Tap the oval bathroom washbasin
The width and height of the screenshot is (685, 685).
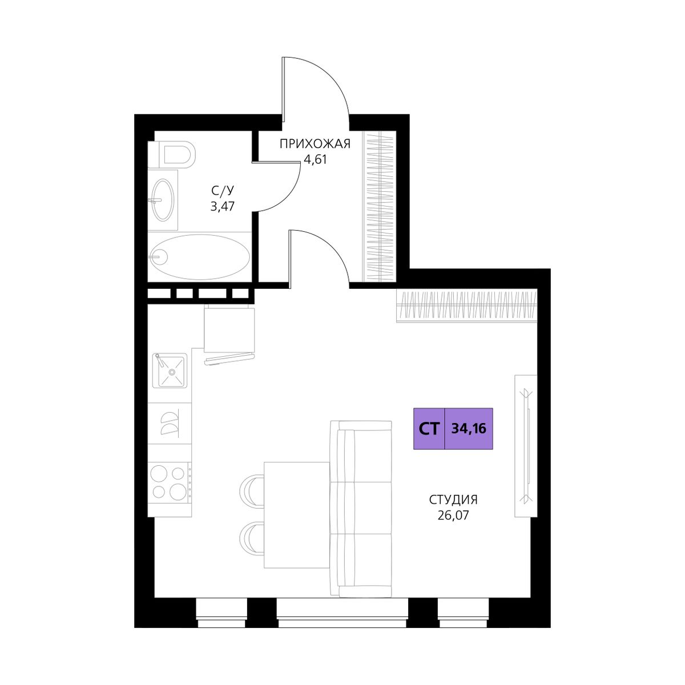pyautogui.click(x=163, y=200)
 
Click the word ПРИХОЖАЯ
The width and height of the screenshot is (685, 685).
pyautogui.click(x=315, y=144)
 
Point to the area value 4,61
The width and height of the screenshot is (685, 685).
pyautogui.click(x=315, y=159)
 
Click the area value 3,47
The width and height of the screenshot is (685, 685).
pyautogui.click(x=223, y=206)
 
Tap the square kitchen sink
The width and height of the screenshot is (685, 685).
pyautogui.click(x=170, y=370)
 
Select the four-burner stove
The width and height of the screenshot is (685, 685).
pyautogui.click(x=169, y=482)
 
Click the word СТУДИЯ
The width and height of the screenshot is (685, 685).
pyautogui.click(x=454, y=500)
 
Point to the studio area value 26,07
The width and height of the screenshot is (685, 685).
pyautogui.click(x=454, y=515)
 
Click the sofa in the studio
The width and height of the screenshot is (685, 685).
pyautogui.click(x=361, y=509)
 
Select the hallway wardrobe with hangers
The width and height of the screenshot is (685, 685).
pyautogui.click(x=379, y=206)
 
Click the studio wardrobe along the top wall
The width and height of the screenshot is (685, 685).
pyautogui.click(x=467, y=306)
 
